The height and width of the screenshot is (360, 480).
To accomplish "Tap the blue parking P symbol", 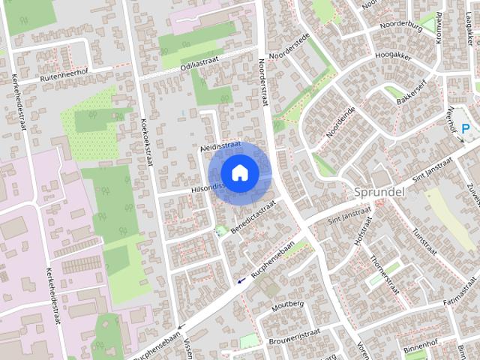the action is [x=466, y=129].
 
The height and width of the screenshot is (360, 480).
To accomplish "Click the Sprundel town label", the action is [x=379, y=191].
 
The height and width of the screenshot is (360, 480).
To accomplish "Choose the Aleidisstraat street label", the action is [x=221, y=146].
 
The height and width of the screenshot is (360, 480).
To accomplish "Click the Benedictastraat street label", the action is [x=253, y=214].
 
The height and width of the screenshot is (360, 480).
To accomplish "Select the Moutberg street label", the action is [x=287, y=304].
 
